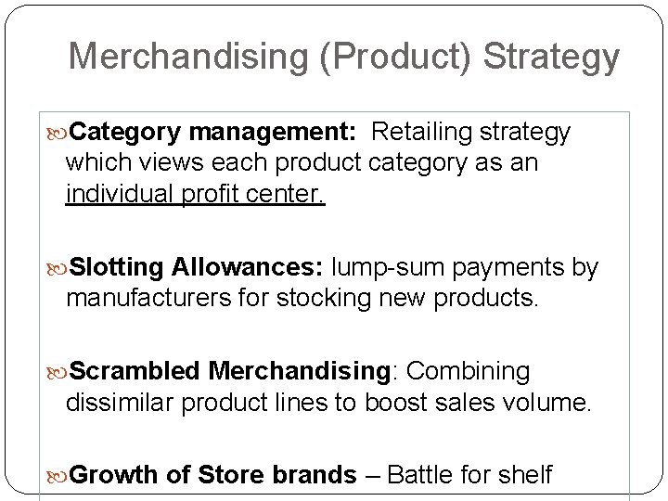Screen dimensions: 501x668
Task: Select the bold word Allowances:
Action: tap(244, 268)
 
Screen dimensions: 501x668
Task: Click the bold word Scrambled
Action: tap(135, 371)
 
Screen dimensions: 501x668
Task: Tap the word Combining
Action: tap(469, 371)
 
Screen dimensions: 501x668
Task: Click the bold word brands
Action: tap(315, 475)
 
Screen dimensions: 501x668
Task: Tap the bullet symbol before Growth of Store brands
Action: tap(60, 476)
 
